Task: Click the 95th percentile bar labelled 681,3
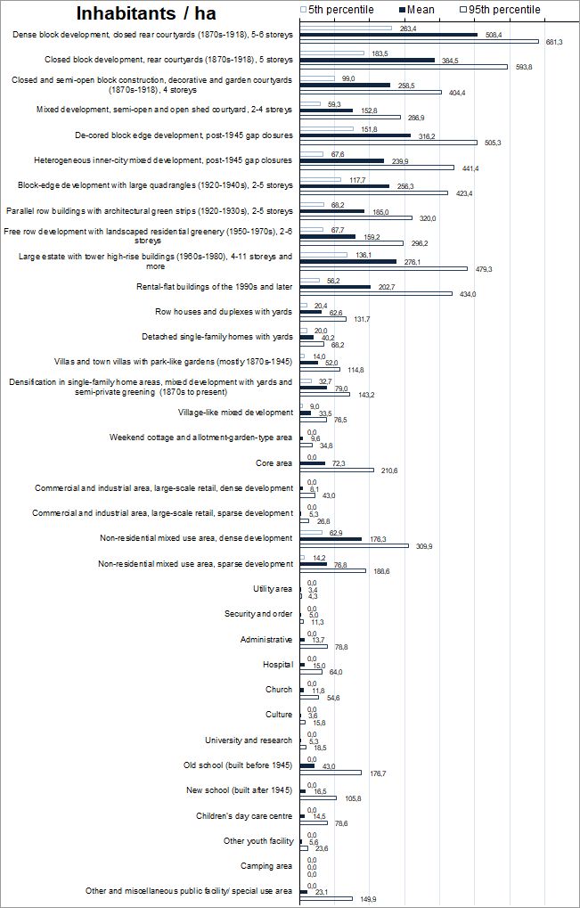(x=419, y=41)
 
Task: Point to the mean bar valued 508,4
(x=388, y=35)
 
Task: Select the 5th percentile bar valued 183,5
(x=331, y=53)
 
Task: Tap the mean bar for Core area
(x=313, y=463)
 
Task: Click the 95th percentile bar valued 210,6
(x=337, y=470)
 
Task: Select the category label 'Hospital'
(x=277, y=665)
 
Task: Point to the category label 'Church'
(x=279, y=690)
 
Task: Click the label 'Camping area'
(x=266, y=866)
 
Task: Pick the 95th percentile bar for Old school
(x=331, y=773)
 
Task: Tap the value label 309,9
(x=421, y=545)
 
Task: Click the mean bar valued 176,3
(x=331, y=539)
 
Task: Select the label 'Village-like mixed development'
(x=235, y=413)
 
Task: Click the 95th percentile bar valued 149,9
(x=326, y=898)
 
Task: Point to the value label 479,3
(x=479, y=268)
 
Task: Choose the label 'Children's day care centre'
(x=244, y=816)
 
